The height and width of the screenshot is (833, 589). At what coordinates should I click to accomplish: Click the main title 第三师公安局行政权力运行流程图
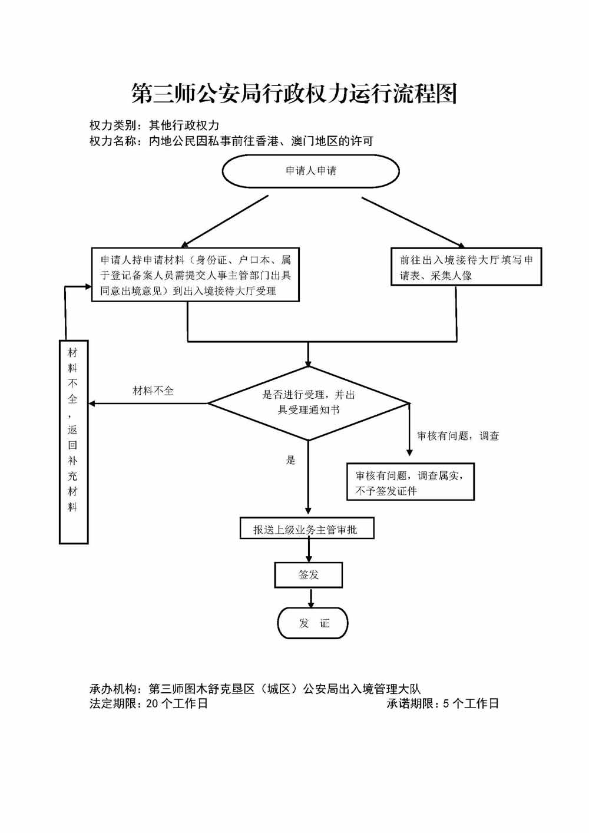pos(294,94)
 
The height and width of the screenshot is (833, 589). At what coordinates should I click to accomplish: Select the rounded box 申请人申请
pos(310,171)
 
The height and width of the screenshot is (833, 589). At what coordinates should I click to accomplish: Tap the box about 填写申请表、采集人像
pos(466,267)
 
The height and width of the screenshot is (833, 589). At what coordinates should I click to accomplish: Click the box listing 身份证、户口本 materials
pos(195,275)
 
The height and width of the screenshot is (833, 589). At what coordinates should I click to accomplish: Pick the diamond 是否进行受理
pos(309,403)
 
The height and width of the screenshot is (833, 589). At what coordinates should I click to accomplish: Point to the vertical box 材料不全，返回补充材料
pos(74,442)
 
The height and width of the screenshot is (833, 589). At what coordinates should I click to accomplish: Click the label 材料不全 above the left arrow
pos(153,391)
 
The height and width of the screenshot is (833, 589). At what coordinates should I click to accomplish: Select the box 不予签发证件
pos(410,482)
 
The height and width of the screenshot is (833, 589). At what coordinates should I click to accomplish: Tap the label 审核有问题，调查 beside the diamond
pos(458,436)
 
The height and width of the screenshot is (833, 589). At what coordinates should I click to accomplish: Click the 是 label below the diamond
pos(290,460)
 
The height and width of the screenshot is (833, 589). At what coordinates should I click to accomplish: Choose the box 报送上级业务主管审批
pos(306,529)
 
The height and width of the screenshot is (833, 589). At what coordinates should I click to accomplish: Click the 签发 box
pos(308,575)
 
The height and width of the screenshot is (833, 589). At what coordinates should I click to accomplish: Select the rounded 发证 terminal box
pos(313,623)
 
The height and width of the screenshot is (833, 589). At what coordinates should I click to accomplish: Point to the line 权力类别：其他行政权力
pos(154,125)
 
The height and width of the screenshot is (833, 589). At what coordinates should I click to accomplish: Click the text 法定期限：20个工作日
pos(148,703)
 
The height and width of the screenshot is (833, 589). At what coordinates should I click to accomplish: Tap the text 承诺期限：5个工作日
pos(442,703)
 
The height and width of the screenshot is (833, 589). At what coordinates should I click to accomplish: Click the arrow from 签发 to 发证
pos(311,597)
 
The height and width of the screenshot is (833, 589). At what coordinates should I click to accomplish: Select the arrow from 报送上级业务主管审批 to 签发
pos(309,550)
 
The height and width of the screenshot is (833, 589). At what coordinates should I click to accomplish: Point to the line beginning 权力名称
pos(231,141)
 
